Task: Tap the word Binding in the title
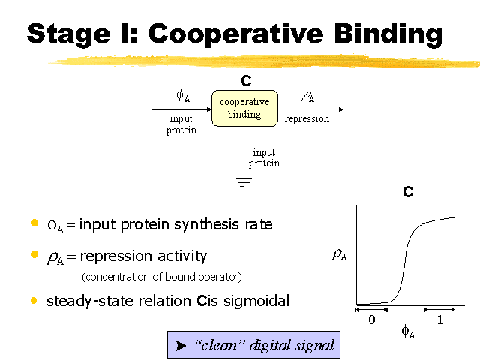388,35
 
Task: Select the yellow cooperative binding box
245,108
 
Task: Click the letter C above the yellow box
246,81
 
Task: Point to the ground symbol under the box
244,183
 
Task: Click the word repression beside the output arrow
307,119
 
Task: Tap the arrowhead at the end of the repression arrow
341,109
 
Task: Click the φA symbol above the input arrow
183,95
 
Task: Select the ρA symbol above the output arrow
308,97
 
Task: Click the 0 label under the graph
372,319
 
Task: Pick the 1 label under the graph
440,319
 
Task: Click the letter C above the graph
408,192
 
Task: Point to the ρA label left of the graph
339,255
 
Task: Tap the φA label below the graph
408,331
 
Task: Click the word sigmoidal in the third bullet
256,301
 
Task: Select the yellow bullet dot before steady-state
34,300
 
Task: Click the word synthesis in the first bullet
207,225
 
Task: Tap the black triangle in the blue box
181,346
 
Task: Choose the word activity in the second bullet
182,256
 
